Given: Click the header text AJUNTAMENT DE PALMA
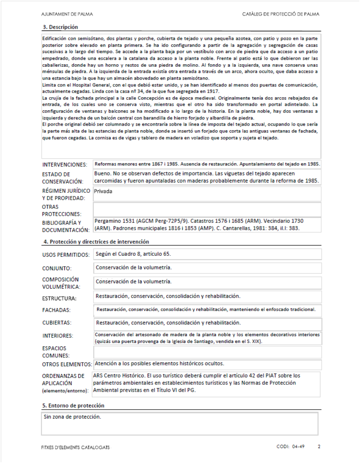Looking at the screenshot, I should pyautogui.click(x=67, y=14).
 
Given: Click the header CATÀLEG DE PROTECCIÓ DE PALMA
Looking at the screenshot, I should pyautogui.click(x=281, y=14).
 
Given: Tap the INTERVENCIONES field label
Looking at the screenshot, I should pyautogui.click(x=65, y=165).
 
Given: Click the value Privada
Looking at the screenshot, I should pyautogui.click(x=103, y=191).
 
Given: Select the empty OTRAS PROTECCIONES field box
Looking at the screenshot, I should pyautogui.click(x=207, y=210).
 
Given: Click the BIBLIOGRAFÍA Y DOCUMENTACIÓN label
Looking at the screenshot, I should pyautogui.click(x=65, y=226).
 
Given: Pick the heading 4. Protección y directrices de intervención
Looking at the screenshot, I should pyautogui.click(x=96, y=242).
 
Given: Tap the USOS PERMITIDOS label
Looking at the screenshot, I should pyautogui.click(x=65, y=255).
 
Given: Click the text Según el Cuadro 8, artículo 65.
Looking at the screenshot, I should pyautogui.click(x=133, y=254).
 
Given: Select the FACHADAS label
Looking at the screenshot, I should pyautogui.click(x=56, y=310).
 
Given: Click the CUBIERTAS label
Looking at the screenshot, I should pyautogui.click(x=57, y=323).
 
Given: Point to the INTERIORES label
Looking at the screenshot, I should pyautogui.click(x=58, y=336).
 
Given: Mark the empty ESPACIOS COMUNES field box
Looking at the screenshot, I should pyautogui.click(x=207, y=352).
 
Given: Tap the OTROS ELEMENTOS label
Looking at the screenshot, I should pyautogui.click(x=67, y=365).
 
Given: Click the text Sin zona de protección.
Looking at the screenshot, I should pyautogui.click(x=72, y=416).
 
